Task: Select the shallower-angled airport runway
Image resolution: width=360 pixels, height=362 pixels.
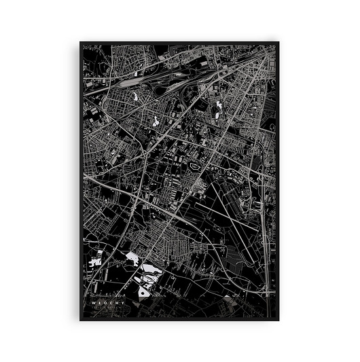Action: [x=224, y=211]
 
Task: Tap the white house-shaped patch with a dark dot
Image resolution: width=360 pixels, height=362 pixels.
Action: [x=145, y=291]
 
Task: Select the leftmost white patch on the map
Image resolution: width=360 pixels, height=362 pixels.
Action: [x=96, y=259]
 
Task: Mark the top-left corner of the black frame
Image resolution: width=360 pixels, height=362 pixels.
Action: [x=80, y=42]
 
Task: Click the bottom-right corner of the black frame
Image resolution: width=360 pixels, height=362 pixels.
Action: [x=279, y=320]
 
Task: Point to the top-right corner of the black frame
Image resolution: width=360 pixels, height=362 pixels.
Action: [x=279, y=42]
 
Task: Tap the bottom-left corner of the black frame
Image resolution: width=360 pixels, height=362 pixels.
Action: [x=80, y=320]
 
